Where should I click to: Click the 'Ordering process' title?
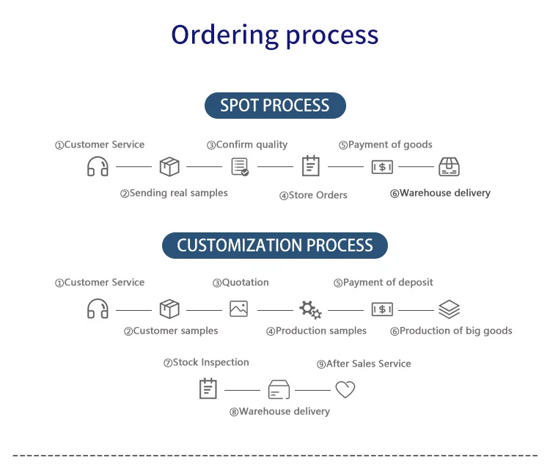[275, 34]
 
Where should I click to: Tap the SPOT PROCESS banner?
[275, 105]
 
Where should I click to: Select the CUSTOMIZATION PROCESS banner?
[275, 245]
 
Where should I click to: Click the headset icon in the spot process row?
[98, 166]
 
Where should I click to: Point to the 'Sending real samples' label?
[175, 194]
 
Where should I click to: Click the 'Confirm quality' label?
[247, 145]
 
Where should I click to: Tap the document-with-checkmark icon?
[240, 166]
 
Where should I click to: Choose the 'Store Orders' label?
[313, 195]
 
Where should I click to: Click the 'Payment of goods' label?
[386, 145]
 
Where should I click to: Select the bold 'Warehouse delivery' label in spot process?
[440, 194]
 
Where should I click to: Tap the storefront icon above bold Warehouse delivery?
[449, 166]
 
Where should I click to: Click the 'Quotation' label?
[241, 282]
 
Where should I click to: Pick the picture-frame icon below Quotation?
[238, 309]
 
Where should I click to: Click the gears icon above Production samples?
[310, 309]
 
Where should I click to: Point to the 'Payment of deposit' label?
[384, 282]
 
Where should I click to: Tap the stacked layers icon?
[449, 309]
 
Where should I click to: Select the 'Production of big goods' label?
[451, 331]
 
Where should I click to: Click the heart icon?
[345, 389]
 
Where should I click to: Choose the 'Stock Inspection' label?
[206, 363]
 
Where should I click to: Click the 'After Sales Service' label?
[364, 364]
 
